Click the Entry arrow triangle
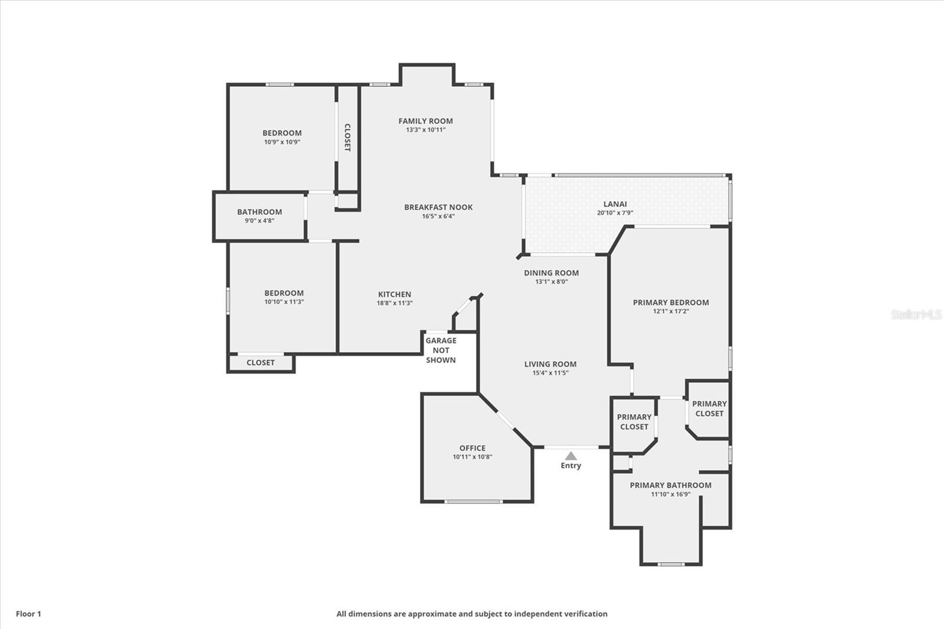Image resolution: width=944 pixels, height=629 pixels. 571,456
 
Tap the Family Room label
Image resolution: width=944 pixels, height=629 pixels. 425,121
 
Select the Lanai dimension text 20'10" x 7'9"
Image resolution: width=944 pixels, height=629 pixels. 615,213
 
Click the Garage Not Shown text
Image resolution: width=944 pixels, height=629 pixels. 441,350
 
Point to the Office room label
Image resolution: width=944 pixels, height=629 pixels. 473,448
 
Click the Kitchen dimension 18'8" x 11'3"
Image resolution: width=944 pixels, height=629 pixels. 395,303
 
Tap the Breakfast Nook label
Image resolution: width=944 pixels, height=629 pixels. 438,207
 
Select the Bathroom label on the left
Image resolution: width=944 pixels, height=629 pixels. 260,212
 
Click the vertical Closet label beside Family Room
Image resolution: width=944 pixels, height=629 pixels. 348,137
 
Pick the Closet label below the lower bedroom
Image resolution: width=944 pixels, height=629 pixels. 260,362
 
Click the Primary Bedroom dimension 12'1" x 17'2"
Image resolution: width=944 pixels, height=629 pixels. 671,312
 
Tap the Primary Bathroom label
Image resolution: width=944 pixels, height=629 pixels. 670,485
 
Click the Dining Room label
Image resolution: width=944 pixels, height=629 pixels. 551,273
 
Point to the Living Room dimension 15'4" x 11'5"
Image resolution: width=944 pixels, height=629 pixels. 550,373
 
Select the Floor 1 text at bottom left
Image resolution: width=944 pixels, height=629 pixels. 29,614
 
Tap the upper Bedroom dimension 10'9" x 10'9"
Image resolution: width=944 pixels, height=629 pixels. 282,142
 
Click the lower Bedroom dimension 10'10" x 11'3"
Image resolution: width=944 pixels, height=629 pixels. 284,302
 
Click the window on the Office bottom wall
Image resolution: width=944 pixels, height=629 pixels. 474,502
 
